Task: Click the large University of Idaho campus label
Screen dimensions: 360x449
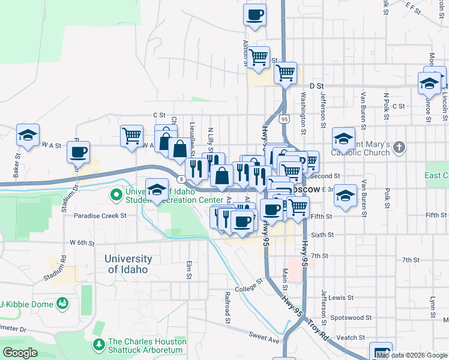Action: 128,264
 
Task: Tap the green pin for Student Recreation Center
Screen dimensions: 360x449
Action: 116,195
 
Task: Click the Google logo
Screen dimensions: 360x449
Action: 20,353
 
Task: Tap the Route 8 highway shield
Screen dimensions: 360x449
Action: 180,178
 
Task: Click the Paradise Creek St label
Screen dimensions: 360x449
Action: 100,215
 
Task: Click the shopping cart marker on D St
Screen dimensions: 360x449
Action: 286,73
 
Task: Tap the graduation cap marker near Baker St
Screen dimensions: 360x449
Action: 28,136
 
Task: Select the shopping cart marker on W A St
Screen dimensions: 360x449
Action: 131,135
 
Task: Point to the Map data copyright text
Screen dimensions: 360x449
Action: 412,355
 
